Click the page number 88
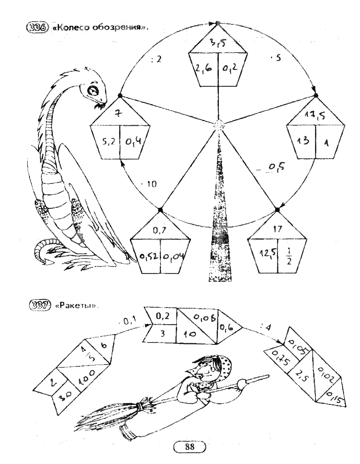pos(189,447)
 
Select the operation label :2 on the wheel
pos(157,59)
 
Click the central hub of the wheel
pos(219,125)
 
